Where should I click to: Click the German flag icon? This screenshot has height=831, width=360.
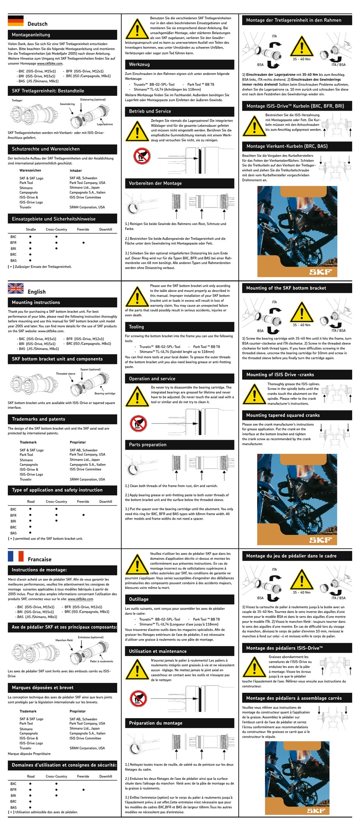tap(16, 21)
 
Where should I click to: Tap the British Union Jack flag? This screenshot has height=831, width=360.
tap(16, 289)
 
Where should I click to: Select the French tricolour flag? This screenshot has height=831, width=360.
tap(16, 556)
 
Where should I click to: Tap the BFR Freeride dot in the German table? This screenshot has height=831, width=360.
tap(83, 243)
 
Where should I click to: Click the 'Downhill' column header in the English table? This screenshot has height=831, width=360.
tap(106, 501)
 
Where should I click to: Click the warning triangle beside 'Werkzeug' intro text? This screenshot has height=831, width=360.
tap(137, 28)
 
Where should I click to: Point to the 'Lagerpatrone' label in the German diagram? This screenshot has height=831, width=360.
tap(105, 124)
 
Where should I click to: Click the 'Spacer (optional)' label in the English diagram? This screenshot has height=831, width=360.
tap(90, 369)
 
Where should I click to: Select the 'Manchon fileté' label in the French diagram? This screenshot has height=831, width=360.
tap(64, 640)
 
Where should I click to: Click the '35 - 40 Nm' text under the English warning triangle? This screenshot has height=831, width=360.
tap(301, 325)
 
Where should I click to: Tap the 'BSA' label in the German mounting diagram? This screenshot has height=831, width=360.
tap(260, 65)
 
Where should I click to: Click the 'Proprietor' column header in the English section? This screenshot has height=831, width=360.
tap(78, 442)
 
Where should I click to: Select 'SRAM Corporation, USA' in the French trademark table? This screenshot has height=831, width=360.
tap(87, 748)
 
